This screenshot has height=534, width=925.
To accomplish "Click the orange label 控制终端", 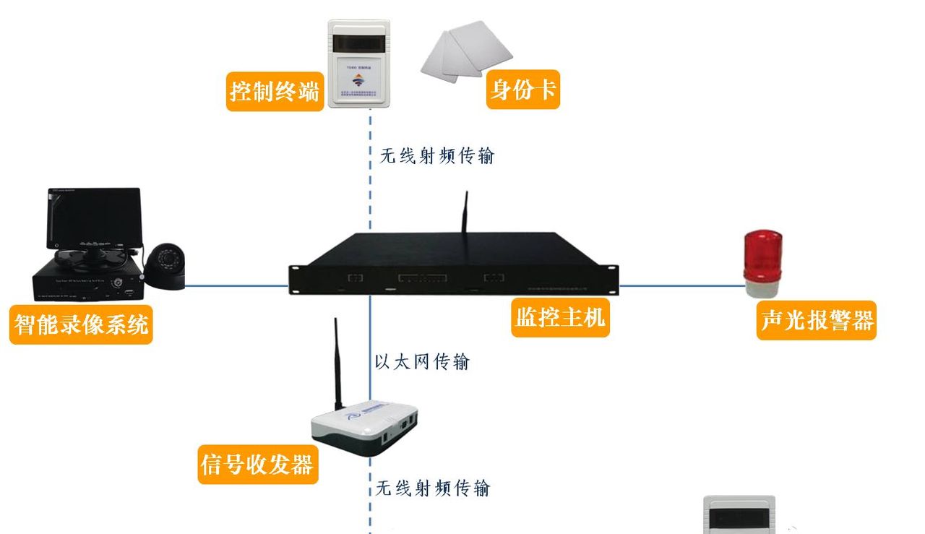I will click(275, 91).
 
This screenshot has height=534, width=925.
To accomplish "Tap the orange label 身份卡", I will click(522, 90).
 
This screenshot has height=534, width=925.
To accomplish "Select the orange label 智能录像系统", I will click(81, 324).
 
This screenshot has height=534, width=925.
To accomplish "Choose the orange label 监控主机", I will click(561, 316).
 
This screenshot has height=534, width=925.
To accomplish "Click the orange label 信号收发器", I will click(257, 464).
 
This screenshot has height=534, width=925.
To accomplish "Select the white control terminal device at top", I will click(359, 64).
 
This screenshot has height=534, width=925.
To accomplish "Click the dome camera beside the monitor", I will click(165, 266).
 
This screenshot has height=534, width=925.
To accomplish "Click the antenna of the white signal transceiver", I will click(337, 369).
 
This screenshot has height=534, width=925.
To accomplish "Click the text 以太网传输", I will click(422, 361).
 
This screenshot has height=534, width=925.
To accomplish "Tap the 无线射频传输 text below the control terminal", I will click(437, 155).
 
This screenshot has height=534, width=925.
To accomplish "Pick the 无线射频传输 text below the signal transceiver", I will click(433, 488).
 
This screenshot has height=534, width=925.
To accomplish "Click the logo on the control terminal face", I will click(358, 81).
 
